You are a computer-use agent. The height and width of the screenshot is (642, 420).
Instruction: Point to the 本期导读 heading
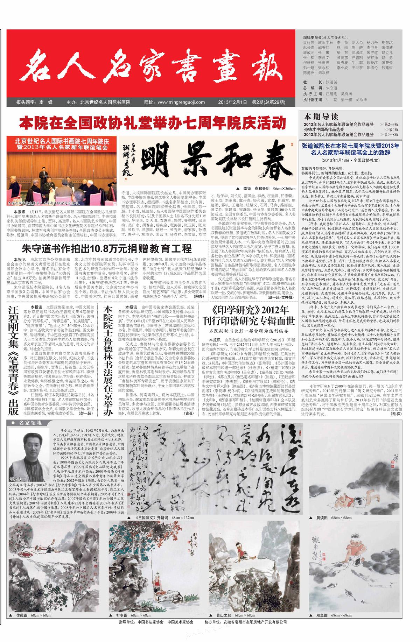[x=316, y=116]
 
